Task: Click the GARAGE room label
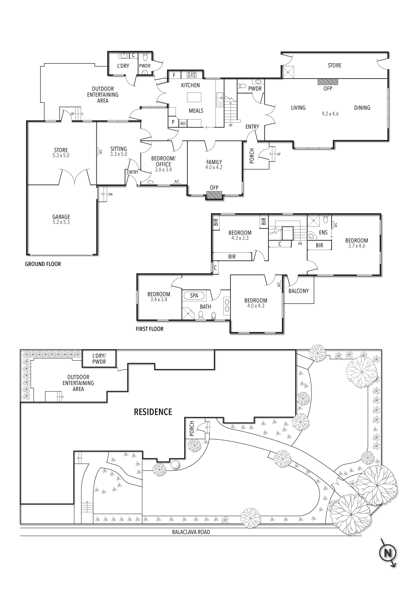(61, 217)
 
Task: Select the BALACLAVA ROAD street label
(191, 532)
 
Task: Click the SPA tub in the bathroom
(194, 295)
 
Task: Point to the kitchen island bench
(194, 97)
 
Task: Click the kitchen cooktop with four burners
(192, 74)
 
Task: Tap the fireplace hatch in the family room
(214, 195)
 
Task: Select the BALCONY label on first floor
(298, 291)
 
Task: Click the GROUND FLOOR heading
(43, 264)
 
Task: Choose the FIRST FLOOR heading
(149, 329)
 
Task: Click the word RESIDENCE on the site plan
(153, 412)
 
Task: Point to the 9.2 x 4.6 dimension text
(330, 114)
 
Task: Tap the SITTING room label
(119, 149)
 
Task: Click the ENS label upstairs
(323, 232)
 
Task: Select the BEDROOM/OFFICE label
(163, 161)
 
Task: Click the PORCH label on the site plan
(192, 429)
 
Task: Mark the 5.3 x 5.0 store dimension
(61, 155)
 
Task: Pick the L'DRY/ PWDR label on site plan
(99, 358)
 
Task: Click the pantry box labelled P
(173, 122)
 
